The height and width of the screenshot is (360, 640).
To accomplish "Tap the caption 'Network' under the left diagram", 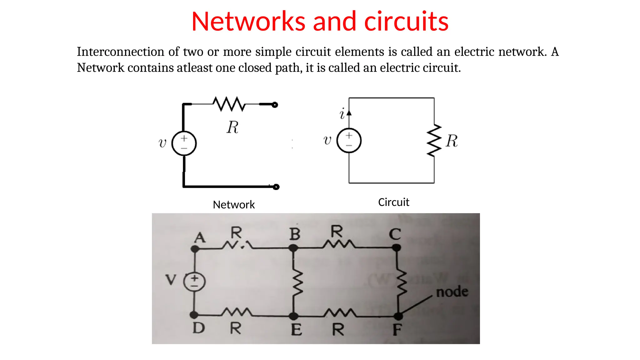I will [x=234, y=205].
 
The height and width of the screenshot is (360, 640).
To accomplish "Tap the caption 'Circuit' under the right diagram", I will [x=393, y=202].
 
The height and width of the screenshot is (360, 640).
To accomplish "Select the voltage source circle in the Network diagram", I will [x=184, y=143].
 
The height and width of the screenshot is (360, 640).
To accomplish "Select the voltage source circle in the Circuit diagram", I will [x=349, y=140].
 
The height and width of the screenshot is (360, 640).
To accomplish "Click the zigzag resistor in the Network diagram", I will [x=229, y=104].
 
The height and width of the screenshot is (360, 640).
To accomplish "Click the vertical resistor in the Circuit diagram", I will [x=434, y=140].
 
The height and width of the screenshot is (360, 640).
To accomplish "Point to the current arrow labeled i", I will [x=349, y=113].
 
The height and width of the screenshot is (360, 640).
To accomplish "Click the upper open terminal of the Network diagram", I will [x=275, y=105].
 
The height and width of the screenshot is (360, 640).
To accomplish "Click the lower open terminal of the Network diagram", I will [x=276, y=187].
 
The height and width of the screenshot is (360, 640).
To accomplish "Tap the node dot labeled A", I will [x=195, y=249].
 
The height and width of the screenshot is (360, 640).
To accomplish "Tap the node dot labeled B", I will [x=293, y=248].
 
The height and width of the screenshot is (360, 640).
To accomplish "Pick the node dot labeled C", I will [x=396, y=248].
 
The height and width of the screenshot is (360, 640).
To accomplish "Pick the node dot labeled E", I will [x=293, y=316].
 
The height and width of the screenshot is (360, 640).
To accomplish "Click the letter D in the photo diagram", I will [x=199, y=328].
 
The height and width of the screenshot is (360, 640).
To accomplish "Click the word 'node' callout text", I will [x=452, y=292].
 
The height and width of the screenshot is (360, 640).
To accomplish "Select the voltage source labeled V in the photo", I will [x=194, y=282].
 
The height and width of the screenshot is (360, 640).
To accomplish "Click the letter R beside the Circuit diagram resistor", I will [x=452, y=141].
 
